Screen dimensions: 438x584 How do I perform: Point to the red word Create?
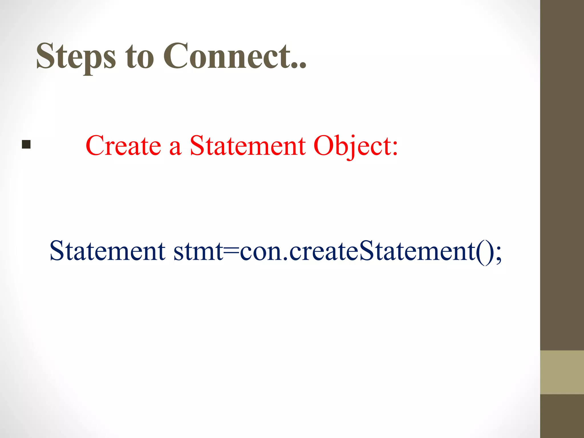tap(123, 146)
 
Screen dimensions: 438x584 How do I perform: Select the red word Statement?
tap(248, 146)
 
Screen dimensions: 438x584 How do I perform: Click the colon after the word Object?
tap(395, 149)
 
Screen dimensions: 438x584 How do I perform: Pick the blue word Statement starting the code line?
tap(107, 251)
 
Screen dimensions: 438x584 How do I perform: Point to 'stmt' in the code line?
tap(198, 252)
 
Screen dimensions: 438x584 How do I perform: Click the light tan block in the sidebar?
tap(562, 372)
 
